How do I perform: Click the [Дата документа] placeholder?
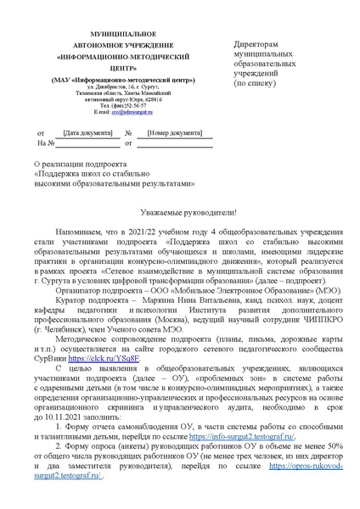point(82,133)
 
